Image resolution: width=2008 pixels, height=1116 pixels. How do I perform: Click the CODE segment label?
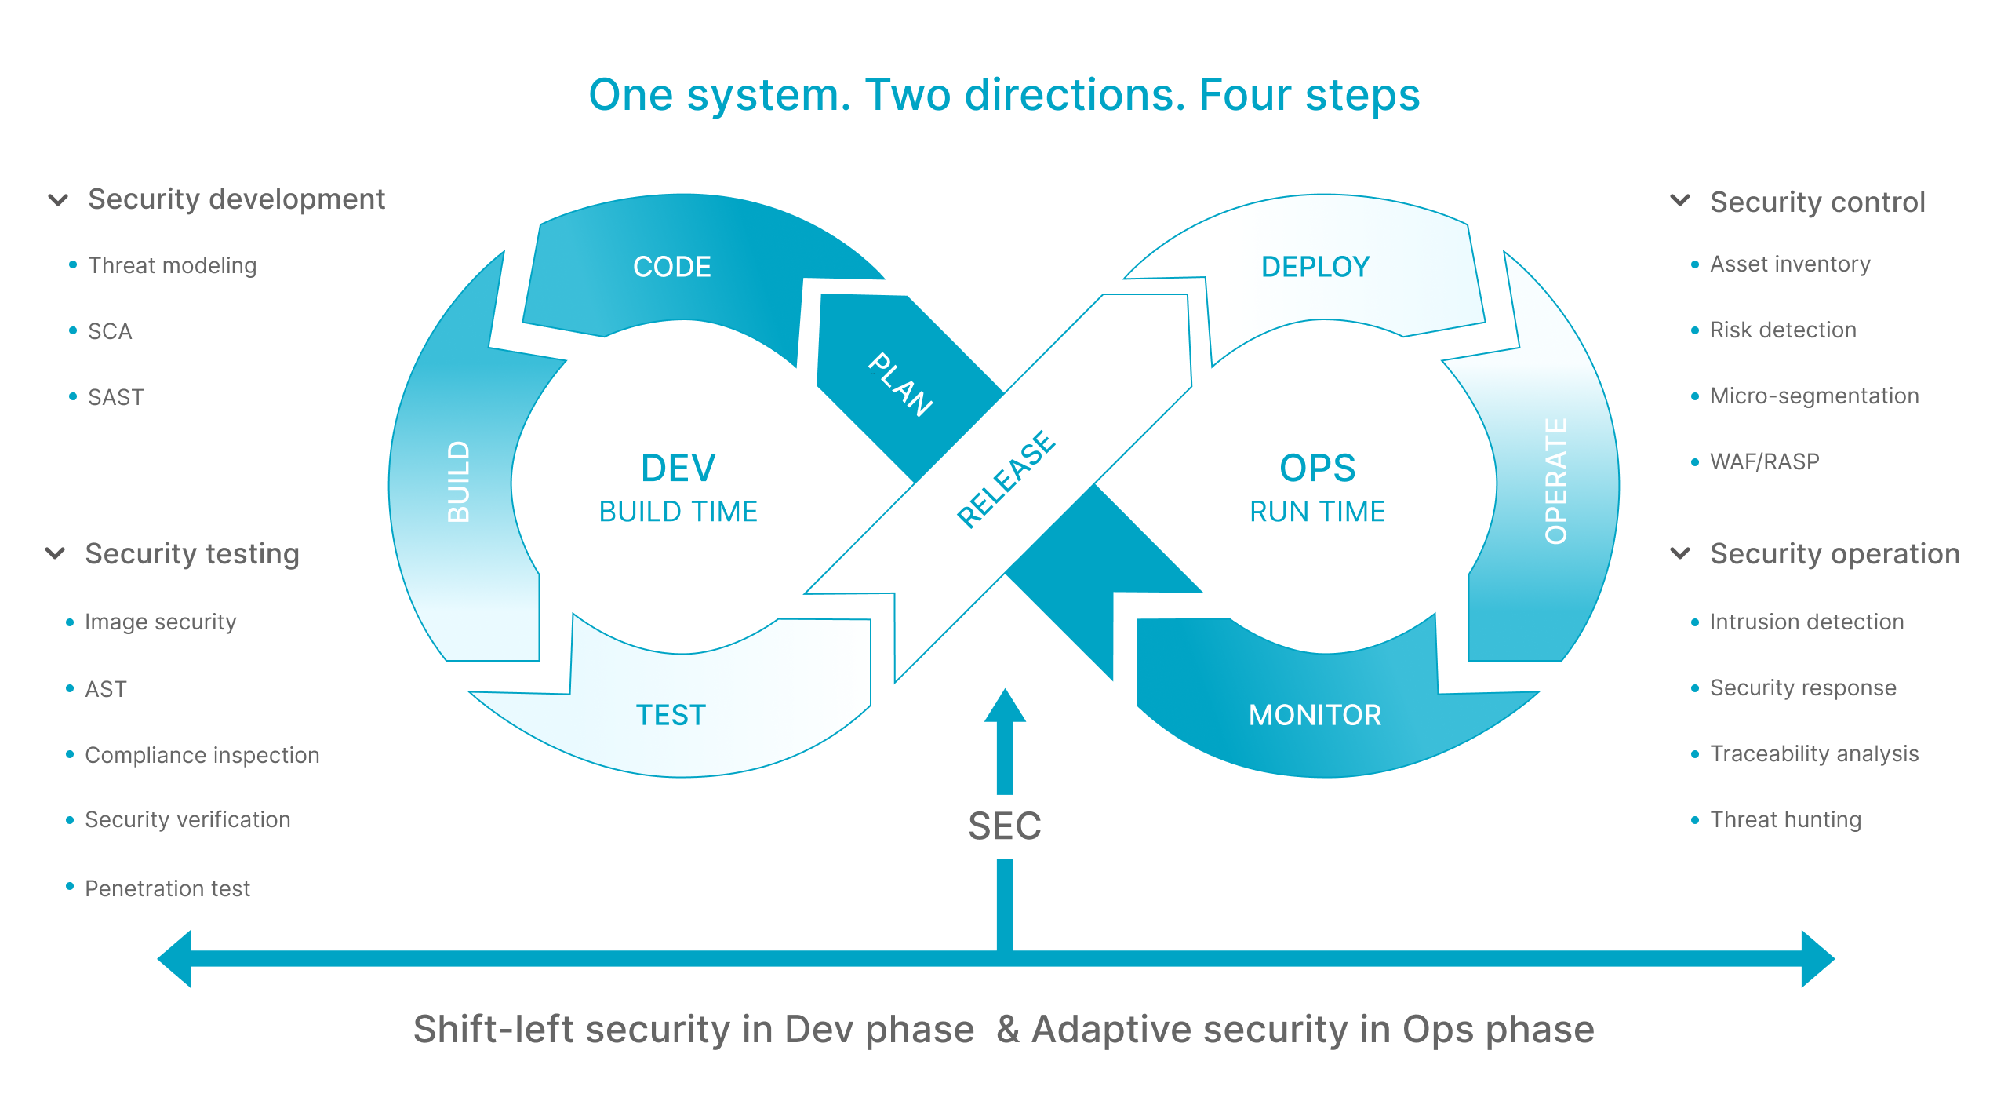tap(672, 267)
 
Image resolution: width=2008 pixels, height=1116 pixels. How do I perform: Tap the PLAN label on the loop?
tap(900, 384)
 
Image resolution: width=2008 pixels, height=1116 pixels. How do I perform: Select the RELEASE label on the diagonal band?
tap(1006, 479)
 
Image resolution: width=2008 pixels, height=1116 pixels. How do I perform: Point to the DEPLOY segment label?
tap(1315, 267)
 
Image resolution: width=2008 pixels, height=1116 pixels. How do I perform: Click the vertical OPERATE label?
tap(1556, 481)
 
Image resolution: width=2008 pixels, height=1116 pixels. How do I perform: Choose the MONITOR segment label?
tap(1315, 715)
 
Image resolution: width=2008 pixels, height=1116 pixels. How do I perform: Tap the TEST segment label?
tap(671, 715)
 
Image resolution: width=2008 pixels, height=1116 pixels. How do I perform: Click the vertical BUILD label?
tap(458, 481)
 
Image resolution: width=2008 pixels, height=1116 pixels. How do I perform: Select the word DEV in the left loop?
tap(678, 469)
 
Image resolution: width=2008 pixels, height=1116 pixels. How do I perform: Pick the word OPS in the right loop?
tap(1317, 469)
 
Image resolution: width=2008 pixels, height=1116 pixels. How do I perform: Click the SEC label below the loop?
tap(1005, 826)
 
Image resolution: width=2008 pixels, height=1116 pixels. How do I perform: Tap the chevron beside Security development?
tap(58, 200)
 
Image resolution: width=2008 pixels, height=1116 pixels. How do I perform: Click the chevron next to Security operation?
tap(1680, 553)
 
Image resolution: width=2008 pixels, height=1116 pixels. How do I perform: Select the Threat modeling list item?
tap(173, 265)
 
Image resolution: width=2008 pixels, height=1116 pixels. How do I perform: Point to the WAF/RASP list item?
tap(1765, 461)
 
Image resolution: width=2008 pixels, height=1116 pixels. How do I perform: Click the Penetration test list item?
tap(167, 888)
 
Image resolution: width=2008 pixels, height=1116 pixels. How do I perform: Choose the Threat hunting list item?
tap(1785, 819)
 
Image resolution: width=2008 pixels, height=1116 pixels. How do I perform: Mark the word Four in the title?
tap(1245, 95)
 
